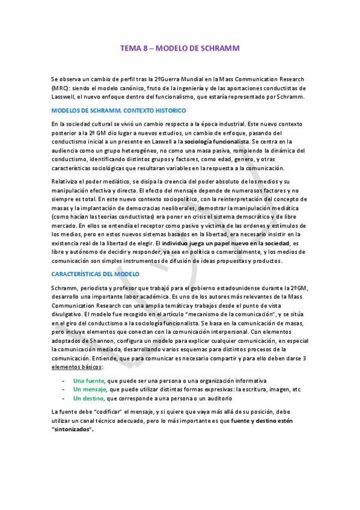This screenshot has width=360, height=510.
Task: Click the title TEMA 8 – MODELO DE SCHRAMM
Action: pos(180,52)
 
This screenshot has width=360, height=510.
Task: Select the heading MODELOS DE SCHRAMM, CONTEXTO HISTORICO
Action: pos(118,111)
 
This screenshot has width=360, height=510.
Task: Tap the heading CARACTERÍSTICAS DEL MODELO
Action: pos(95,274)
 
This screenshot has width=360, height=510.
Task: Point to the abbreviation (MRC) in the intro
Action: pos(60,88)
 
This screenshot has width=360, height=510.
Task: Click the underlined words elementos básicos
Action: pos(77,367)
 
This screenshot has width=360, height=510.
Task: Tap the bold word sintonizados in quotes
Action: pos(73,430)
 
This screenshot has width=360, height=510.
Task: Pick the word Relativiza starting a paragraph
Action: pos(66,182)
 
